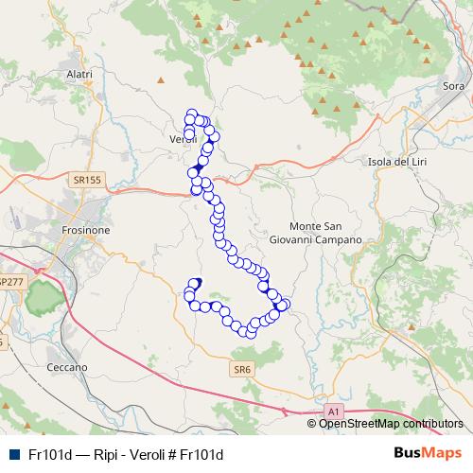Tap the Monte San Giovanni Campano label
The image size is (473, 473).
[x=325, y=234]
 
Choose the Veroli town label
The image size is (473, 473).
[x=182, y=139]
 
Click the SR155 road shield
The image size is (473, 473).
[x=87, y=178]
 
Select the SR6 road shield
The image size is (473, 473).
[x=243, y=370]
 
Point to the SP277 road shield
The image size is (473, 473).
[x=11, y=282]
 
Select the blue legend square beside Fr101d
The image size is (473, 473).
[x=13, y=454]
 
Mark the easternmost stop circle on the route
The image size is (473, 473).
[x=283, y=304]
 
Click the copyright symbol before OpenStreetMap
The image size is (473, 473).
[x=312, y=424]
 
